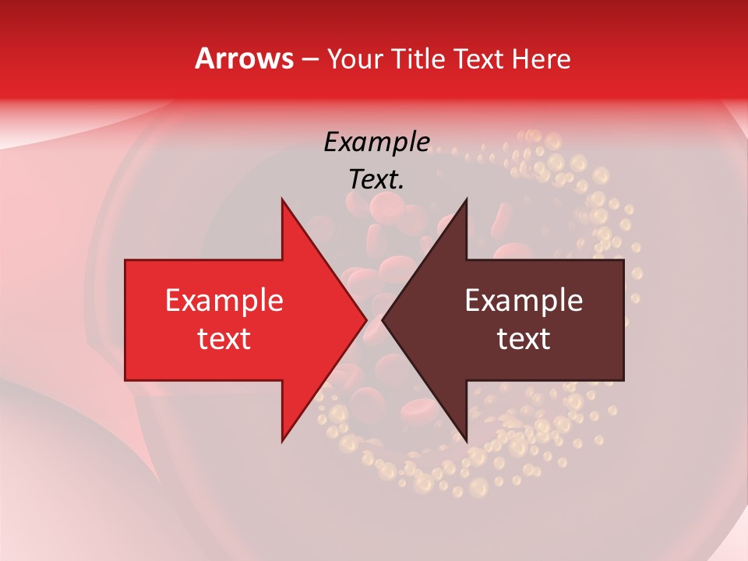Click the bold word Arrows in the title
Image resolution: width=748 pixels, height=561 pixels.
(x=245, y=58)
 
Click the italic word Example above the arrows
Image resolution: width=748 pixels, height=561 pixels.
(x=376, y=142)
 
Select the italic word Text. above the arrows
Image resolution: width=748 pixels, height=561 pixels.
(x=376, y=179)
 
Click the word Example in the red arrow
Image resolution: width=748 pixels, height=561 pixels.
(x=224, y=300)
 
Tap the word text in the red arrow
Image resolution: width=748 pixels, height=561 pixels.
(x=224, y=338)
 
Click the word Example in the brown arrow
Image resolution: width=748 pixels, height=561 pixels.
(x=524, y=300)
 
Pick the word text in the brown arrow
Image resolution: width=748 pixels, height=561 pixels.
(x=524, y=338)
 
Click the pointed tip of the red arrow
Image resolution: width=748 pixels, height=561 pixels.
(x=365, y=319)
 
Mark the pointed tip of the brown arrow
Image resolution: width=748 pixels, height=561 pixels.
(x=383, y=319)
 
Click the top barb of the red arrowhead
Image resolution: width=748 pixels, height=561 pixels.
(x=283, y=204)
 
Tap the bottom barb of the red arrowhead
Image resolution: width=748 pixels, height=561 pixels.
(x=283, y=436)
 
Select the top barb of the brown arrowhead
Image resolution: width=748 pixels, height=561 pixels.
(x=465, y=204)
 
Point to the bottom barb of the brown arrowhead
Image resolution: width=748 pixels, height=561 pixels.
(x=465, y=436)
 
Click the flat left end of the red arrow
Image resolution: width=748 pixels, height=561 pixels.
(x=127, y=319)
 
